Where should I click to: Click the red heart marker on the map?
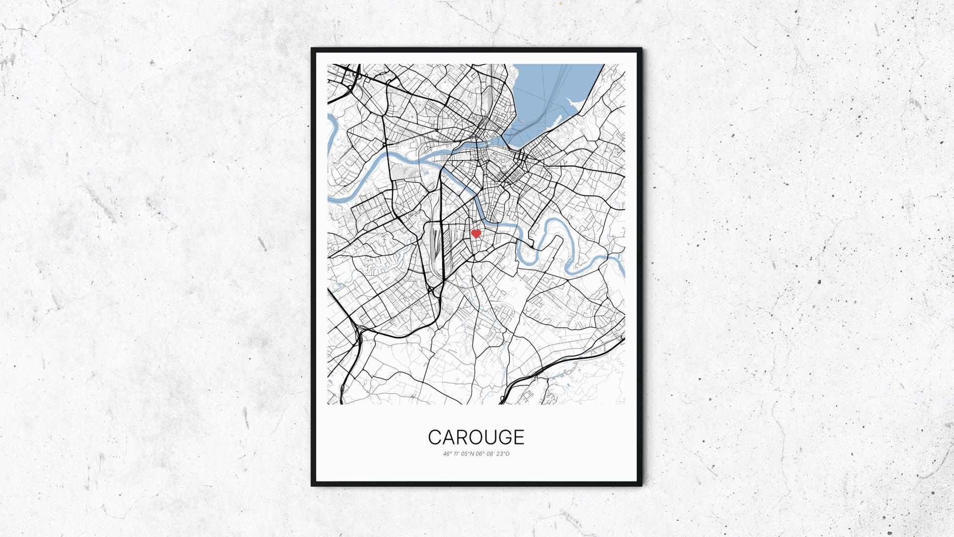pos(476,234)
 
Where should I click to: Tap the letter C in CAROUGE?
pos(435,437)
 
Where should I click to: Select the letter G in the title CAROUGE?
pos(501,437)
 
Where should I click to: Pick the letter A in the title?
pos(449,437)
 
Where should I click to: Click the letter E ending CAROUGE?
pos(518,437)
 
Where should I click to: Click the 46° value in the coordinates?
pos(447,453)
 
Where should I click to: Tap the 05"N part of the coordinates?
pos(468,453)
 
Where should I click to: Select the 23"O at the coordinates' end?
pos(503,453)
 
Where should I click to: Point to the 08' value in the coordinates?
pos(490,453)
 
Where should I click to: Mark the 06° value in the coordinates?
pos(480,453)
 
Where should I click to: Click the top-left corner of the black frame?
pos(313,49)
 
